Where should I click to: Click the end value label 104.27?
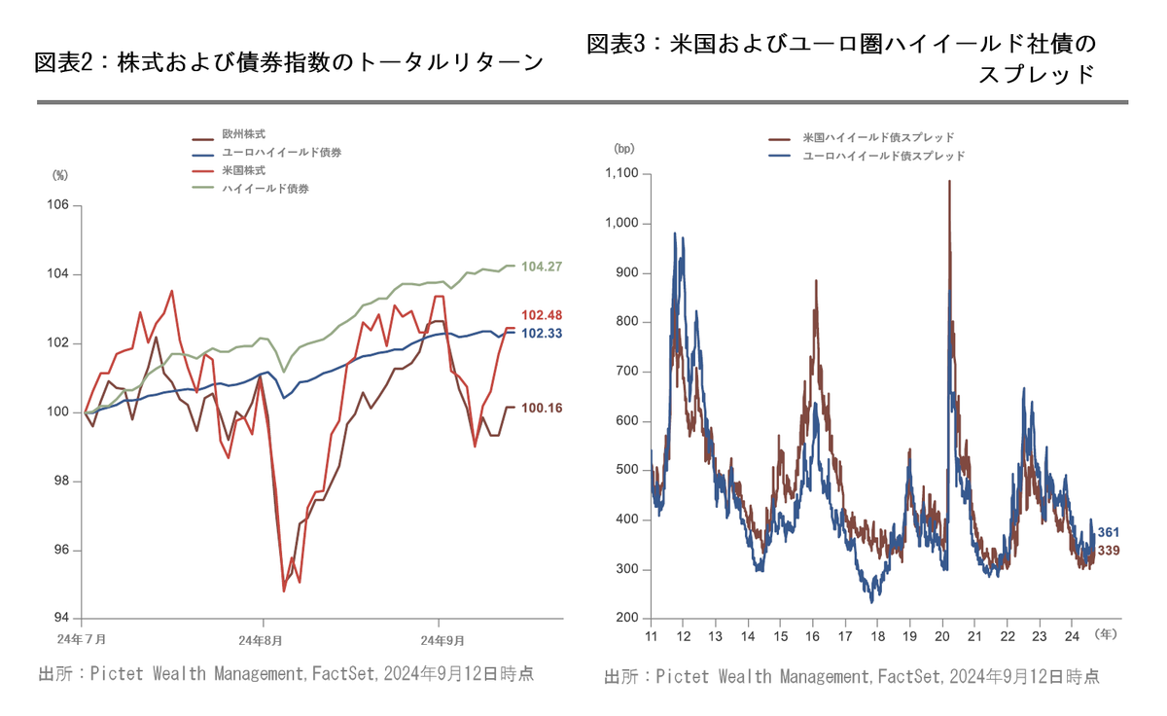tap(542, 267)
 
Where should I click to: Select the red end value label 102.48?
tap(542, 315)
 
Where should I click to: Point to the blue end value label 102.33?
tap(542, 334)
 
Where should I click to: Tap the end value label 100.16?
tap(542, 409)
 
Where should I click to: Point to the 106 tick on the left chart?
tap(58, 205)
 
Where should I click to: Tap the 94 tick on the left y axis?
tap(60, 619)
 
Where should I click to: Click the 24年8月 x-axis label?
tap(263, 640)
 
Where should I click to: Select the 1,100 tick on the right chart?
tap(620, 174)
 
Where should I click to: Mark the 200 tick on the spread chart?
tap(625, 619)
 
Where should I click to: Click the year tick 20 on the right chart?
tap(941, 636)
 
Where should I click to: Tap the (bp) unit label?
tap(623, 149)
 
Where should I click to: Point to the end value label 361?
tap(1110, 533)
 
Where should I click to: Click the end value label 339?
tap(1110, 552)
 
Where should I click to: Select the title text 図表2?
tap(63, 63)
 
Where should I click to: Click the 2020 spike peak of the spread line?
tap(949, 182)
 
